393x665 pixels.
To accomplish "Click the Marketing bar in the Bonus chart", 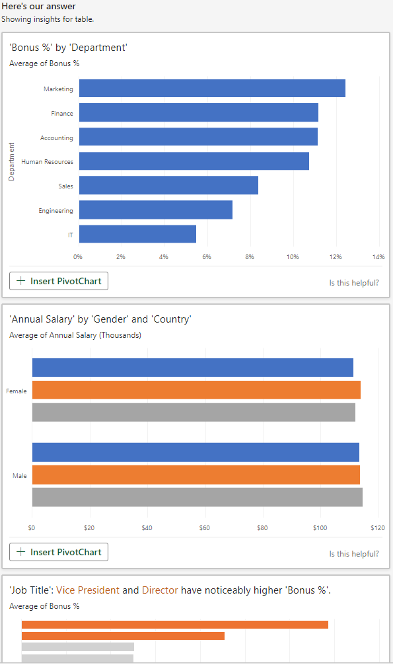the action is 212,88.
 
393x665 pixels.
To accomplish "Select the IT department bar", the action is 137,234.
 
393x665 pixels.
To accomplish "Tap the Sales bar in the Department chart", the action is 168,185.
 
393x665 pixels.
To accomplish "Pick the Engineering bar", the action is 156,210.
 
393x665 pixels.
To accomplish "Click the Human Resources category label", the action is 47,161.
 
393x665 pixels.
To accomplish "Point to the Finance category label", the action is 62,113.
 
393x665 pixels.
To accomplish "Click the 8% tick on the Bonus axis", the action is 249,256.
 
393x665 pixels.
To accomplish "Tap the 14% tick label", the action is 378,256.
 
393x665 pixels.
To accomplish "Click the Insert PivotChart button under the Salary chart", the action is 59,552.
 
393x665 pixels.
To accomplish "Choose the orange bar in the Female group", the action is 196,390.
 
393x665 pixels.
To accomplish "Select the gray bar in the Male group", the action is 197,497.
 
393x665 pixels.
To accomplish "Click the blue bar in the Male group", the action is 196,452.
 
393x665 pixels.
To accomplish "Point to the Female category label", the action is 16,391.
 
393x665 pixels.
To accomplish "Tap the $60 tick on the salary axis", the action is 204,528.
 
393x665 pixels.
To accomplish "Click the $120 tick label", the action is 378,528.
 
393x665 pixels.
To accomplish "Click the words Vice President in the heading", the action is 88,590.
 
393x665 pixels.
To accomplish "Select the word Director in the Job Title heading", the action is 160,590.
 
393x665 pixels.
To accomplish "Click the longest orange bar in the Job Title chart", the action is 174,625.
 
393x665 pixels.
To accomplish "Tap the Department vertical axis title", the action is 11,161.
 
